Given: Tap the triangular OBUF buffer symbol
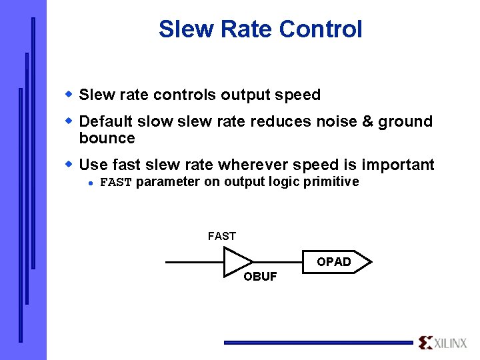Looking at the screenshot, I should click(x=237, y=262).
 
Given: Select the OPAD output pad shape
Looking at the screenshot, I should click(x=337, y=262).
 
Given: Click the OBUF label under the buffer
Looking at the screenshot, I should click(x=260, y=277).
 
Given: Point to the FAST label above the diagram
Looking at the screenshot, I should click(x=222, y=236).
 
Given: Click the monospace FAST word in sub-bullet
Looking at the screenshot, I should click(x=116, y=183).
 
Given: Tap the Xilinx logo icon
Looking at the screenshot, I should click(x=425, y=343).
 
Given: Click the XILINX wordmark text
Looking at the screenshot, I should click(x=451, y=343).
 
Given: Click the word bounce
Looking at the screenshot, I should click(x=107, y=138).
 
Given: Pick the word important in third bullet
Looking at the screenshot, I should click(x=397, y=165).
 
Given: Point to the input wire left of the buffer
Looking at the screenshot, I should click(x=193, y=262).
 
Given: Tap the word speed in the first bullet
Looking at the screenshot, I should click(x=302, y=95).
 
